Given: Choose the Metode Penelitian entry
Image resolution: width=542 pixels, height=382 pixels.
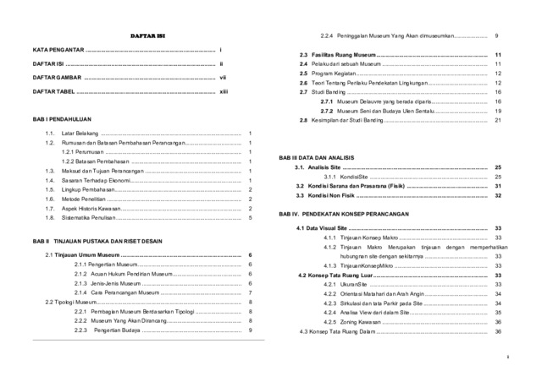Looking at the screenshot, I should click(81, 199).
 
